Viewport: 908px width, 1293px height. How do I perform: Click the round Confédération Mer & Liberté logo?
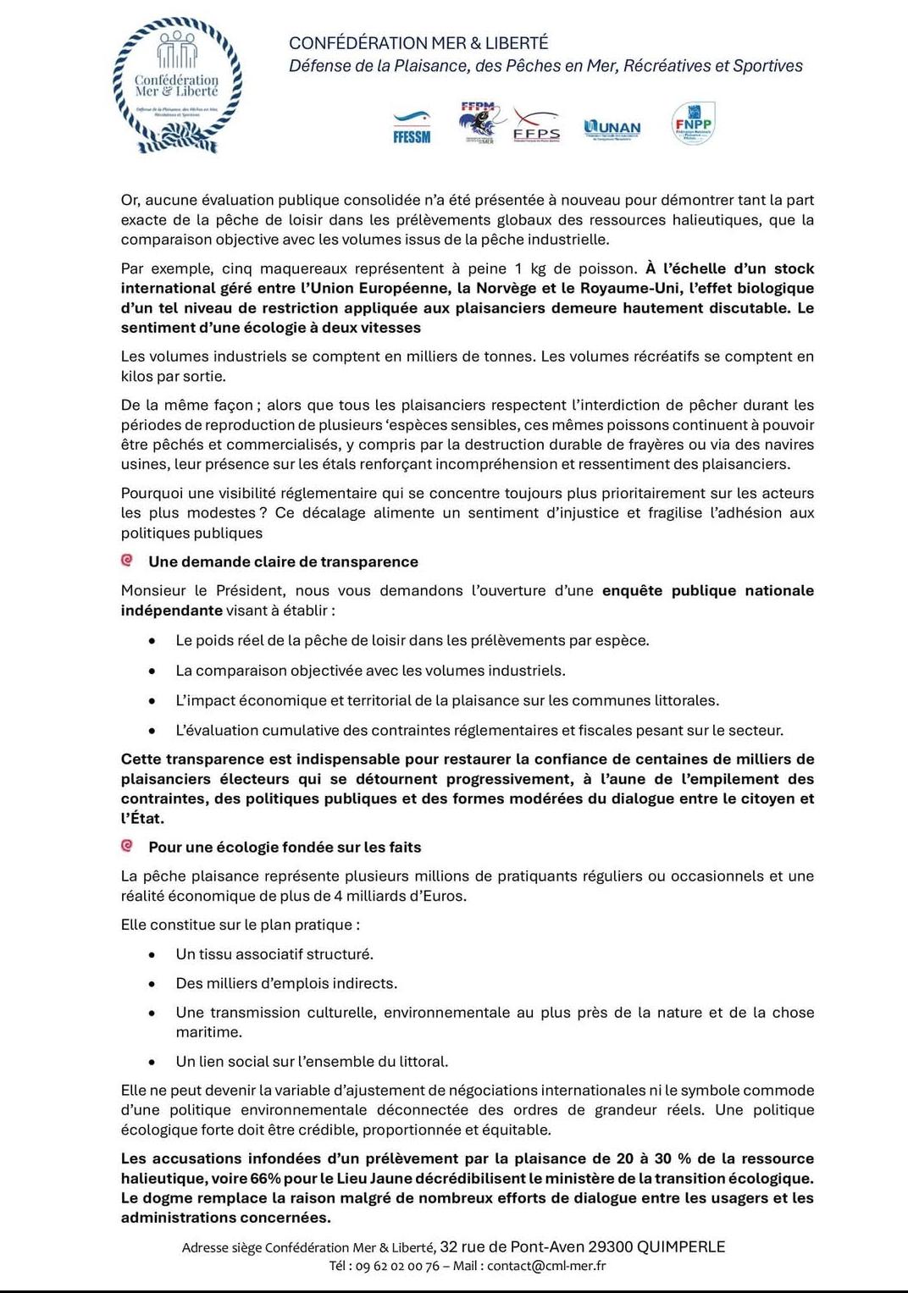tap(177, 86)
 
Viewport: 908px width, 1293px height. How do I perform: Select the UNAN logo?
tap(612, 128)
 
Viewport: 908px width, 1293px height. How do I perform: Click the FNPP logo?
tap(693, 124)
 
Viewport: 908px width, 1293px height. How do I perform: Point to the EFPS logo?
tap(536, 127)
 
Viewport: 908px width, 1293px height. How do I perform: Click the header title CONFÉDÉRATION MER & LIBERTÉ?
tap(418, 43)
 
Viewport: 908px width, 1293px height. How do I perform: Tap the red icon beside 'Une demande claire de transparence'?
tap(127, 561)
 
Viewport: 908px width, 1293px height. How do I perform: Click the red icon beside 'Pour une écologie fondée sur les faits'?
tap(127, 846)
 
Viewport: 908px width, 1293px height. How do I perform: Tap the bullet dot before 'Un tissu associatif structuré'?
tap(152, 954)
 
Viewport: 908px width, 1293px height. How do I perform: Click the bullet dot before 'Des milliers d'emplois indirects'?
tap(152, 984)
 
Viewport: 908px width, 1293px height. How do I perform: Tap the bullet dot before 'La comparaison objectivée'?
tap(152, 671)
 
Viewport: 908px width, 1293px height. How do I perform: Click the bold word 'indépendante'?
tap(171, 610)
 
